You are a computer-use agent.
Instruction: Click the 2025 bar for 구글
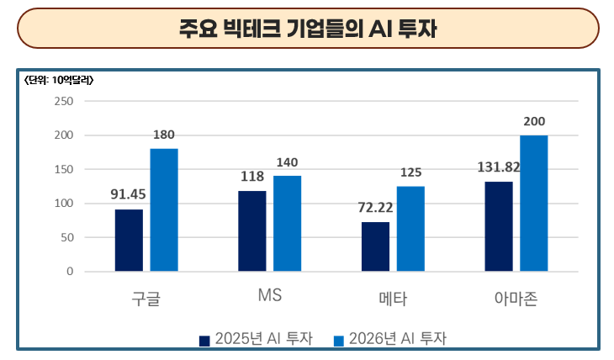click(x=129, y=240)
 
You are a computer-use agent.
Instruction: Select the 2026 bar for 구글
click(x=164, y=210)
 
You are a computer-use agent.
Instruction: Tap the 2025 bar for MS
click(x=252, y=231)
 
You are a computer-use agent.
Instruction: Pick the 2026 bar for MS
click(x=287, y=224)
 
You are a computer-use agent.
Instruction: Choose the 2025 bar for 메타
click(x=375, y=246)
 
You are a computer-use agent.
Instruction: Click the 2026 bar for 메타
click(x=410, y=229)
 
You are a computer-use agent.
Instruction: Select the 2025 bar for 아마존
click(x=499, y=226)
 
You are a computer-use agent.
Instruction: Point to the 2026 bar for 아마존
click(x=533, y=204)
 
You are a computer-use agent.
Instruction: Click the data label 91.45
click(x=129, y=193)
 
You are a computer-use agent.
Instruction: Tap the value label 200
click(x=533, y=122)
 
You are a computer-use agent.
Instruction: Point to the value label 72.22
click(x=375, y=207)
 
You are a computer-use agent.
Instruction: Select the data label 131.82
click(x=497, y=167)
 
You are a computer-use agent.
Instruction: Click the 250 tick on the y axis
click(x=65, y=102)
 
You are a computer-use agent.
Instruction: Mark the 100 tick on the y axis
click(x=65, y=204)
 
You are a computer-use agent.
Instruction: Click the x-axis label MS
click(x=269, y=297)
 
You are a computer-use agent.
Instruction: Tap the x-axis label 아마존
click(x=516, y=298)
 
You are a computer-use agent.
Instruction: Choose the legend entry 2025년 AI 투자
click(x=257, y=339)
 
